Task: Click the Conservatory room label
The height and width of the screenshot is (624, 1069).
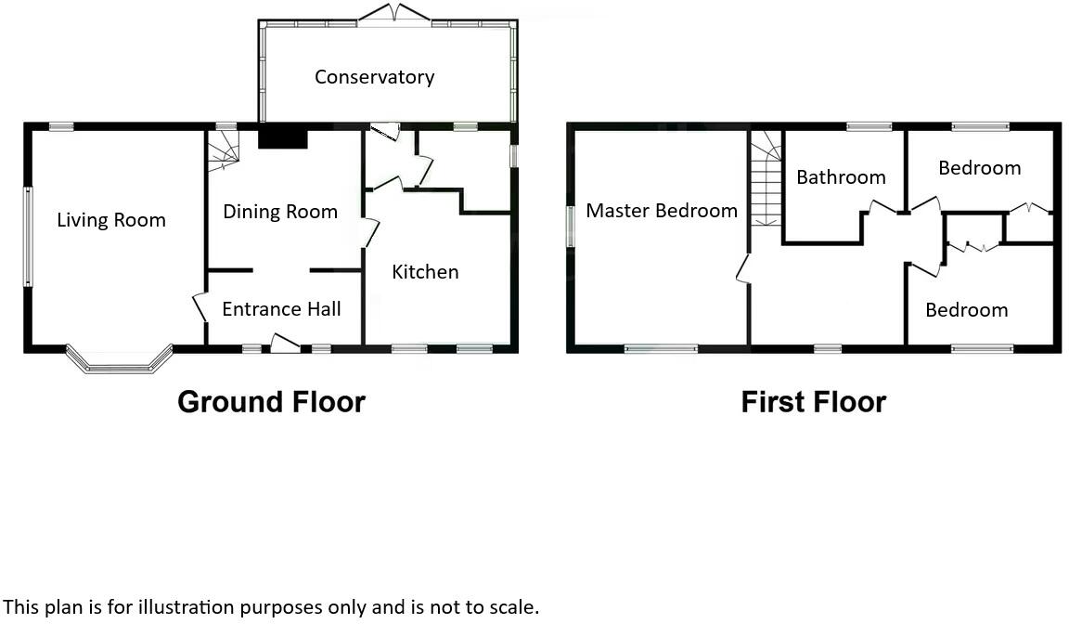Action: coord(374,77)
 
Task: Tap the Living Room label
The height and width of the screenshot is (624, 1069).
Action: coord(111,220)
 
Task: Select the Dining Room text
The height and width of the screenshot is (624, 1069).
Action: coord(280,212)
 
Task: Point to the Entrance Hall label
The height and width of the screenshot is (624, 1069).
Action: coord(281,309)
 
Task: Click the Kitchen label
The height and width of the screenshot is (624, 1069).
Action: coord(425,272)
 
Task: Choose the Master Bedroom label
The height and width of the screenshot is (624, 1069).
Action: coord(662,211)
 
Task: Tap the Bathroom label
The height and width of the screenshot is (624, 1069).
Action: coord(841,177)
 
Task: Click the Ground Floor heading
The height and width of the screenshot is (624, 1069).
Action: coord(271,402)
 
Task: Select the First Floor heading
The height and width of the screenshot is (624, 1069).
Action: coord(813,402)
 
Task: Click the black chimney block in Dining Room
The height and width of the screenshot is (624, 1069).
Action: coord(282,138)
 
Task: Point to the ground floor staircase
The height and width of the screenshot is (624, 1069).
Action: coord(223,150)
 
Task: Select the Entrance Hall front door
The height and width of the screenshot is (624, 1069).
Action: coord(285,344)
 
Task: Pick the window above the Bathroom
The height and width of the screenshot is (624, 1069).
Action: coord(869,127)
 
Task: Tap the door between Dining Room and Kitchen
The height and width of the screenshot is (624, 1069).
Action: coord(370,231)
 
